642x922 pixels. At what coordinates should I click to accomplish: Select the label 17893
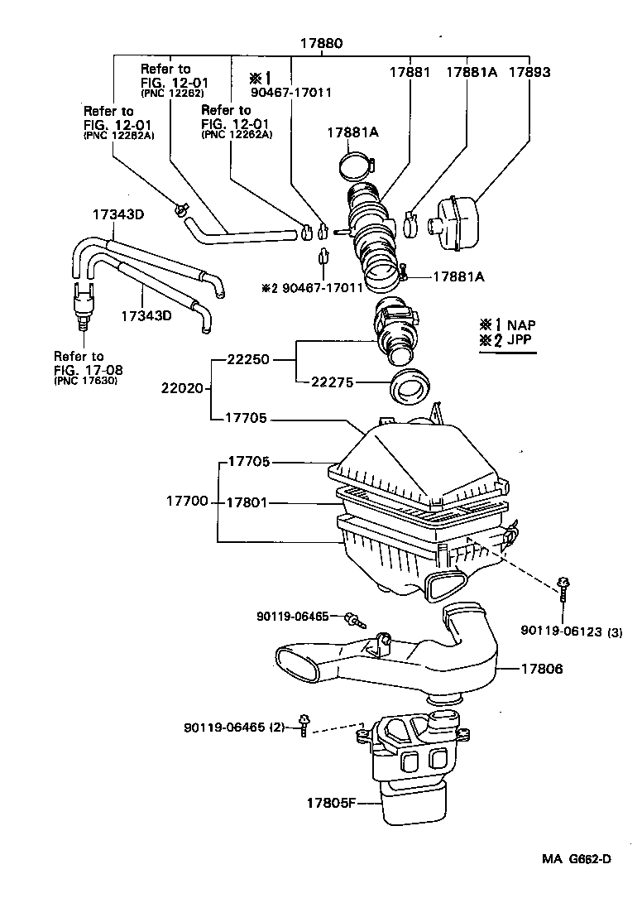[x=529, y=72]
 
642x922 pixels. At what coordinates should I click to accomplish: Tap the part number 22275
[x=333, y=382]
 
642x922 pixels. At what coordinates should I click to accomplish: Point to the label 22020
[x=182, y=387]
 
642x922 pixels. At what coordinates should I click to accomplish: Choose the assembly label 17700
[x=187, y=502]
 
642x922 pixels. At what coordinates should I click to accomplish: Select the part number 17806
[x=543, y=668]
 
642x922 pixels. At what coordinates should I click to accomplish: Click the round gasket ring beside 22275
[x=410, y=387]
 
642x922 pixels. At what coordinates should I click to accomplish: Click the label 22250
[x=246, y=360]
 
